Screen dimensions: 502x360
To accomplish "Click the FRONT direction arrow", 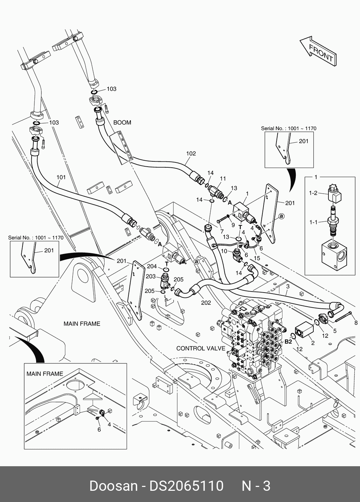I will click(x=318, y=51).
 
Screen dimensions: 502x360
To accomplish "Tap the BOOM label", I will click(x=122, y=122).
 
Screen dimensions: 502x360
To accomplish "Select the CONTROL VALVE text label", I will click(x=201, y=348).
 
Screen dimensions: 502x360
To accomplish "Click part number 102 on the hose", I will click(x=191, y=153).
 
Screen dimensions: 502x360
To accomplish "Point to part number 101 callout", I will click(x=61, y=177).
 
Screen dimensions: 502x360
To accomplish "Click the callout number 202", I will click(x=206, y=302).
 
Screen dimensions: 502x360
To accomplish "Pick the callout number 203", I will click(x=151, y=276).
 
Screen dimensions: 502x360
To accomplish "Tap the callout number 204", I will click(x=152, y=266).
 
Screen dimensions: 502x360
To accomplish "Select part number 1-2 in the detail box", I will click(x=313, y=193).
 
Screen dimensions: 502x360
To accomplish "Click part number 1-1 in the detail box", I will click(x=313, y=222).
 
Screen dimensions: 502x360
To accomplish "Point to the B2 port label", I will click(x=288, y=341).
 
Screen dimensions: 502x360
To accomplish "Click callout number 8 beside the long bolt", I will click(x=356, y=323).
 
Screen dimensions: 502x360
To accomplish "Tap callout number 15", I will click(x=257, y=258).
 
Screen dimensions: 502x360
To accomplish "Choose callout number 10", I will click(x=224, y=251).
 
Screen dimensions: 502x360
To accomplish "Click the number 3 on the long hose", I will click(x=287, y=286).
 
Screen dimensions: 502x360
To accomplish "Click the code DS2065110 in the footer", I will click(x=186, y=486).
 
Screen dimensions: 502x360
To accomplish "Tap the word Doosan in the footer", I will click(x=113, y=486).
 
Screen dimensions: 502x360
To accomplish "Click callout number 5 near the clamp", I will click(x=335, y=331).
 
